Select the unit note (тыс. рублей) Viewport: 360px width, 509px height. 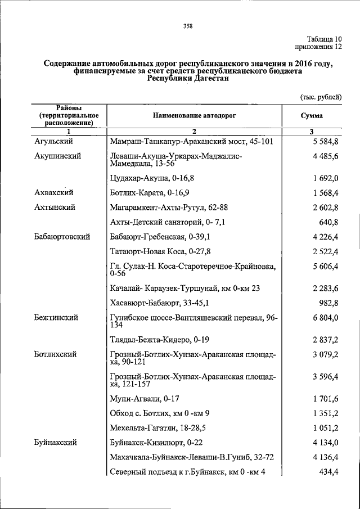click(319, 97)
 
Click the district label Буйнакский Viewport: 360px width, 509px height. click(57, 443)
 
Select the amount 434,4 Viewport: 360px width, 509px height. click(328, 472)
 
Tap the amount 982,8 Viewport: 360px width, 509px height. click(328, 303)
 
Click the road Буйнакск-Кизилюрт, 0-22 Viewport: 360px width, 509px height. click(154, 443)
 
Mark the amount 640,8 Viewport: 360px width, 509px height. click(328, 222)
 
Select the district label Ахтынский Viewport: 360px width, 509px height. click(55, 207)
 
